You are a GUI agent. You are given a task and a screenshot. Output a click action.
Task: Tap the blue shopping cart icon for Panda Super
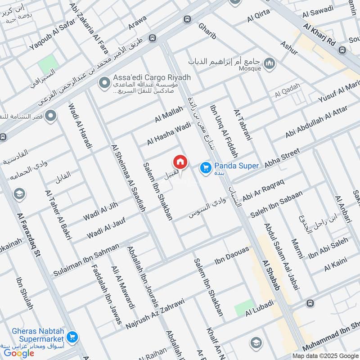[x=206, y=167]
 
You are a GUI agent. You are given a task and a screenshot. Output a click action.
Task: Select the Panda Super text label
[x=236, y=166]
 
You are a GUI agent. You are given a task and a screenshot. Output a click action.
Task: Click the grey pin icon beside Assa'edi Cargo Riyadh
[x=105, y=83]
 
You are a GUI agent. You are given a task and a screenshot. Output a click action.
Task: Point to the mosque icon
[x=269, y=63]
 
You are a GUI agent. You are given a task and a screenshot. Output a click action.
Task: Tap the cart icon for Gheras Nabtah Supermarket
[x=73, y=336]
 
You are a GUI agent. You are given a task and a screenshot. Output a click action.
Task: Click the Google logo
[x=19, y=353]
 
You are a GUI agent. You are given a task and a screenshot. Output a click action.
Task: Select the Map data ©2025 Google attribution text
[x=324, y=355]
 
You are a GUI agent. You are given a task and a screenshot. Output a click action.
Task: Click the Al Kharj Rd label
[x=320, y=35]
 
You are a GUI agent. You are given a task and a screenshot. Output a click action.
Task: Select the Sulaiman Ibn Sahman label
[x=86, y=260]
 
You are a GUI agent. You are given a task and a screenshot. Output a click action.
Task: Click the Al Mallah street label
[x=169, y=114]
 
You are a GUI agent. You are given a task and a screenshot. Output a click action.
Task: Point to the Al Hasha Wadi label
[x=169, y=134]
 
